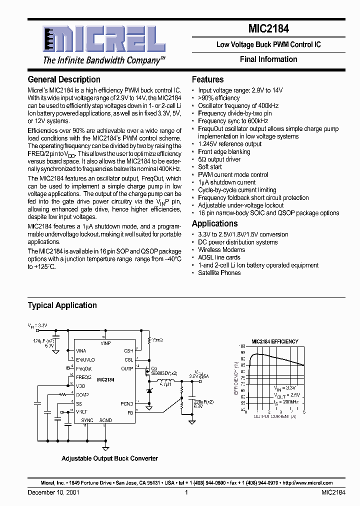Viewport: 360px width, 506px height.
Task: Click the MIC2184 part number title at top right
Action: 268,29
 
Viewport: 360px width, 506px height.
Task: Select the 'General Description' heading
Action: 64,79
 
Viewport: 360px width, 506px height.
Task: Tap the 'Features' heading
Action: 207,79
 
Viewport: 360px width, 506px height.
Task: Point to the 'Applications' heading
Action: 214,223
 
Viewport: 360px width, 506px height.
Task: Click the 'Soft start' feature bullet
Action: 210,167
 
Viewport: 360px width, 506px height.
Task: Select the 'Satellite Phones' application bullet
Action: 219,273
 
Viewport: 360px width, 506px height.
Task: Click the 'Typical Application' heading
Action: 62,305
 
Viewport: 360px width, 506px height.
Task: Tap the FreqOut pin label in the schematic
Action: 84,368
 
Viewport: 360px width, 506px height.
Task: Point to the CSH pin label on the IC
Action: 128,351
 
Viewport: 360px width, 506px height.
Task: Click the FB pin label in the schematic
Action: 130,412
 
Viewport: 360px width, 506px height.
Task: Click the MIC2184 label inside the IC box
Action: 105,380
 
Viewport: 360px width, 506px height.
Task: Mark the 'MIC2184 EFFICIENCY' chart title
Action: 274,341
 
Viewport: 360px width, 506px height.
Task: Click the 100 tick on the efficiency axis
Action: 242,346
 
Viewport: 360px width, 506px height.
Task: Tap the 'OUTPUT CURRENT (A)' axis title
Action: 274,416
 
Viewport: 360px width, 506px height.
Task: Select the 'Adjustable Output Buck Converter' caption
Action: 109,458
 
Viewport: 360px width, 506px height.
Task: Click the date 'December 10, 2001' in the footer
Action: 53,492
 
